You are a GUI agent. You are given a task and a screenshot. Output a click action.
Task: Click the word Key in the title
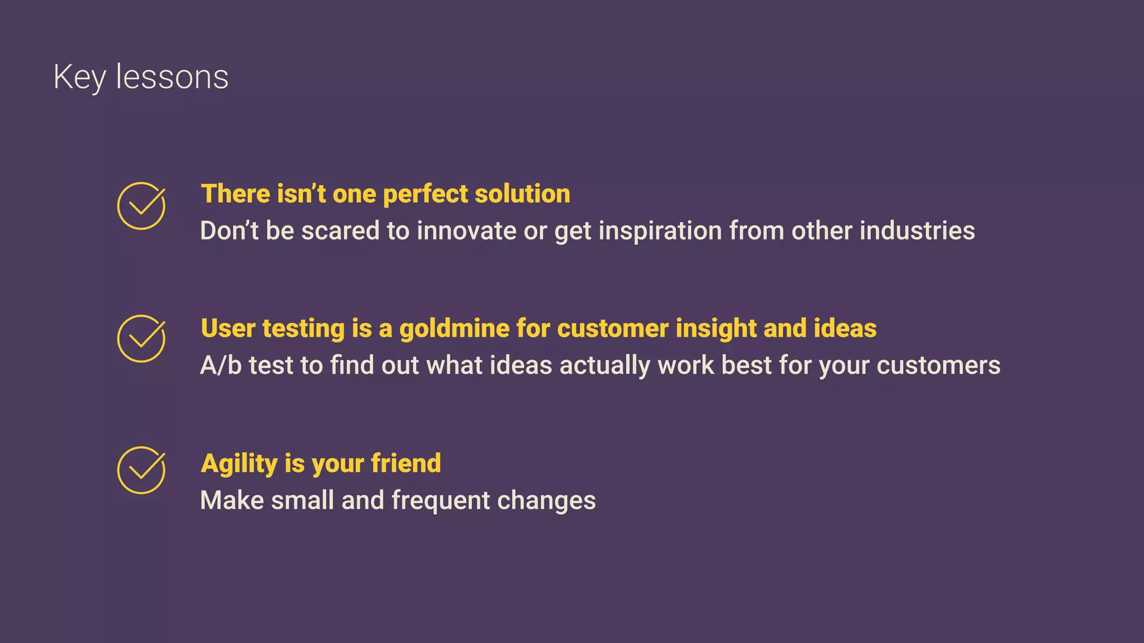tap(79, 77)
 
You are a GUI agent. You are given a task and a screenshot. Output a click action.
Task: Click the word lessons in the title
tap(172, 77)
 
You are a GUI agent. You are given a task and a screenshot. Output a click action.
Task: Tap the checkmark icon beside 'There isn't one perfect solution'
tap(141, 206)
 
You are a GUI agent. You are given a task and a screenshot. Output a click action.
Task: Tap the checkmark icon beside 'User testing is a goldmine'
tap(141, 339)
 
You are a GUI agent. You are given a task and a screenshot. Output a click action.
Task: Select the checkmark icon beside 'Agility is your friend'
tap(141, 471)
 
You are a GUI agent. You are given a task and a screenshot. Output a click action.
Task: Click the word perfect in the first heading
tap(425, 194)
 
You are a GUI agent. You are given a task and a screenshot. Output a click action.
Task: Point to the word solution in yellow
tap(522, 194)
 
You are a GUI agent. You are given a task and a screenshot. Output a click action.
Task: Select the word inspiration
tap(660, 231)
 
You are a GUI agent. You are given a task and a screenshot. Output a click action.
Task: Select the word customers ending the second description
tap(938, 366)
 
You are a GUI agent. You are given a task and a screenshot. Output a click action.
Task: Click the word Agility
tap(239, 464)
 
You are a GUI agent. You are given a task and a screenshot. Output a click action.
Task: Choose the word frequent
tap(440, 501)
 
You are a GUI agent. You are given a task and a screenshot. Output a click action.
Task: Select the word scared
tap(340, 231)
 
